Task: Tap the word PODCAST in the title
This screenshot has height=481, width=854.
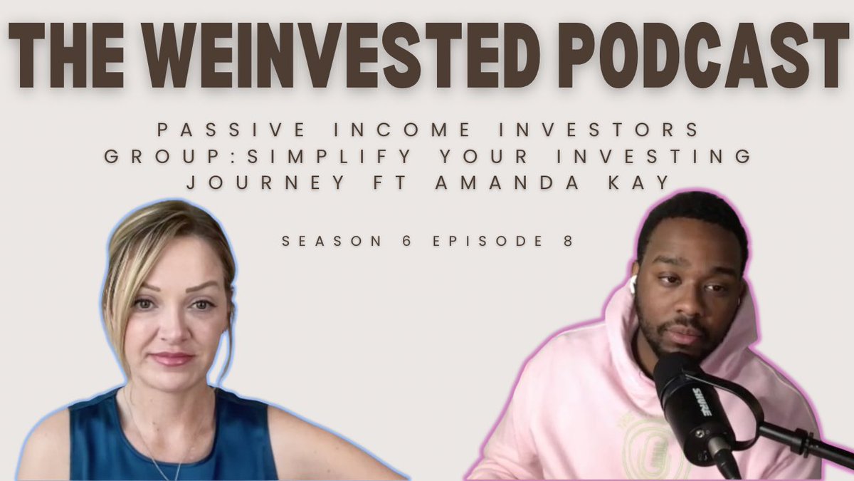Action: pos(705,54)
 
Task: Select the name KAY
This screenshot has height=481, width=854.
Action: pos(640,182)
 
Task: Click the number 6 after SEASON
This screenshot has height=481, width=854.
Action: pos(416,241)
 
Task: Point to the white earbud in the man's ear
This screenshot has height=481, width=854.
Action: pos(632,284)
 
